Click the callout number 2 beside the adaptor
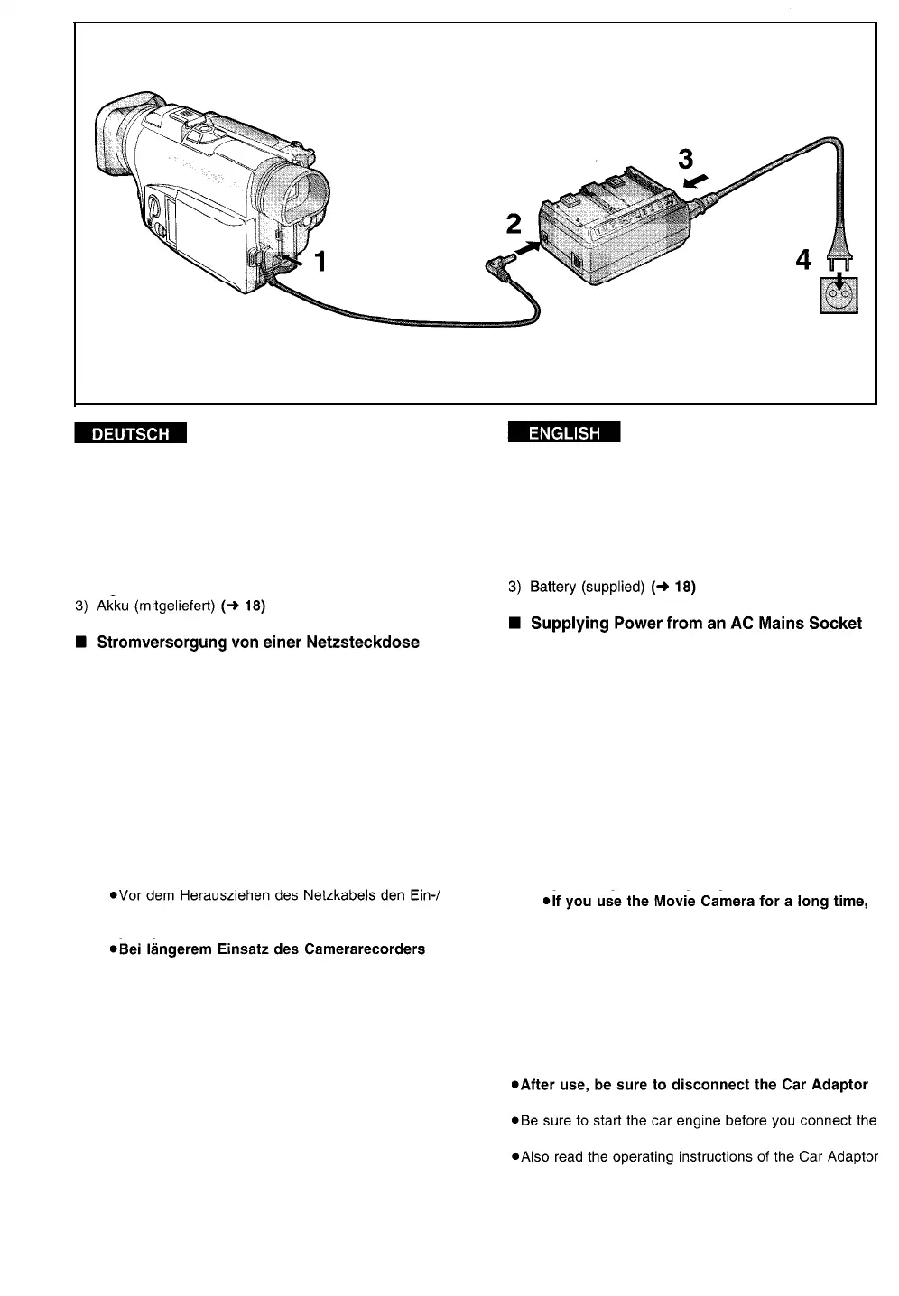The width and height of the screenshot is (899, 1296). click(x=514, y=223)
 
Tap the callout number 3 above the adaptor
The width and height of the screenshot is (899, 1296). click(x=686, y=160)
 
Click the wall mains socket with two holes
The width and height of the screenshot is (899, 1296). click(x=839, y=294)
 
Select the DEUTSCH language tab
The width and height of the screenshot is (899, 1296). click(x=131, y=434)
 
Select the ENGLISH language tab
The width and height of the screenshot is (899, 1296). click(x=564, y=433)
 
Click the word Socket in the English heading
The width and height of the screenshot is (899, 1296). click(x=835, y=624)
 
